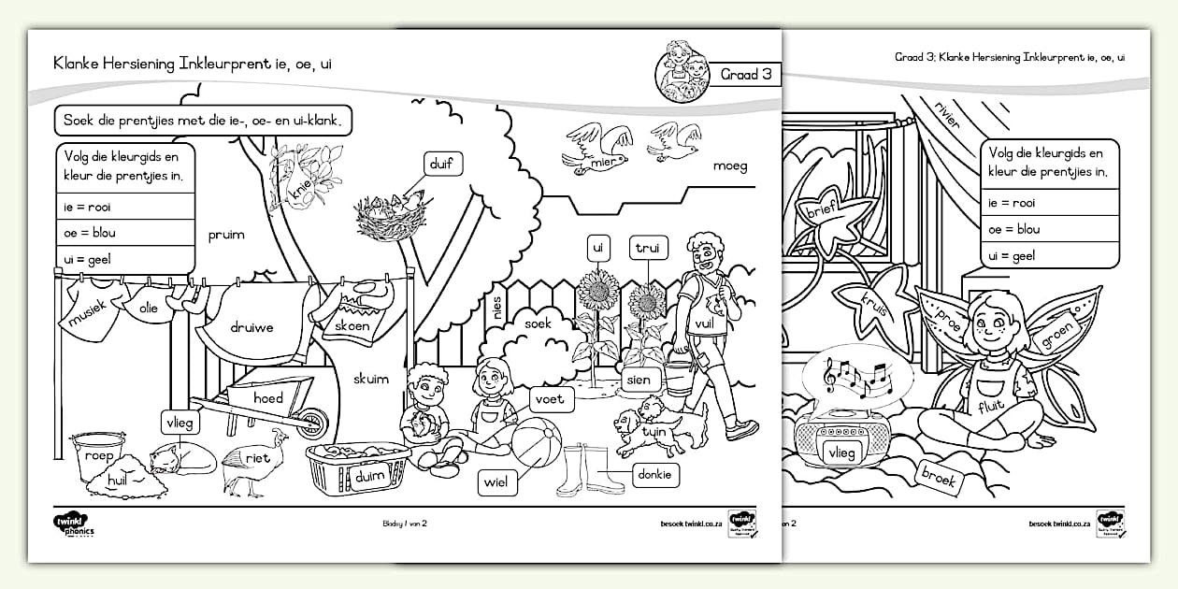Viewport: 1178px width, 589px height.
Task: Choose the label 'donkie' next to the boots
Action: pyautogui.click(x=656, y=475)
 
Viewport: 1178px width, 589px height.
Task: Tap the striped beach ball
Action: pyautogui.click(x=536, y=442)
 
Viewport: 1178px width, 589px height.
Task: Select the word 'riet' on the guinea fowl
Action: pyautogui.click(x=258, y=458)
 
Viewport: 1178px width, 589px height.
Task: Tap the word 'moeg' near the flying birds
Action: pyautogui.click(x=730, y=166)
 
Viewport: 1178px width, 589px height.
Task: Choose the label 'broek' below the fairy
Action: pyautogui.click(x=938, y=478)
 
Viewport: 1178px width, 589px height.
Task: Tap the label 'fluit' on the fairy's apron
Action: pyautogui.click(x=992, y=407)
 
